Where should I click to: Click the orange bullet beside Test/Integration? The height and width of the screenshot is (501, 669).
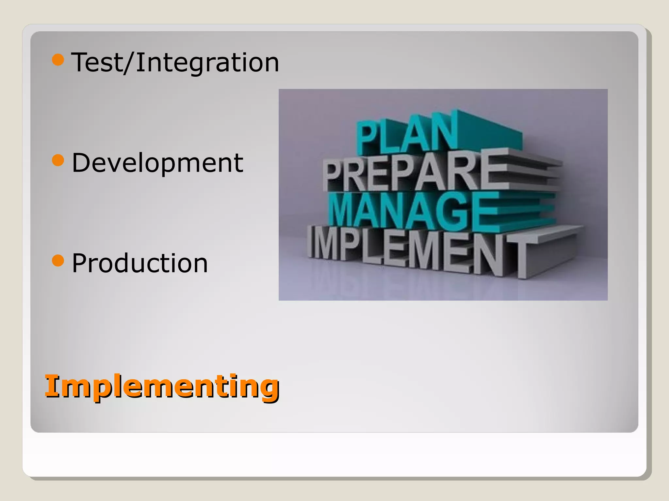tap(58, 60)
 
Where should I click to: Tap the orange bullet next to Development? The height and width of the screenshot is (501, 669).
tap(58, 160)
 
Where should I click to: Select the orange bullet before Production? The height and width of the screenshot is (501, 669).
tap(58, 260)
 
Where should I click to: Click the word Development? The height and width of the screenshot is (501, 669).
tap(157, 163)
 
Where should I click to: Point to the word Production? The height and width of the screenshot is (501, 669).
tap(140, 263)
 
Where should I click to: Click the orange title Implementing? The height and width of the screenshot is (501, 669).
tap(162, 387)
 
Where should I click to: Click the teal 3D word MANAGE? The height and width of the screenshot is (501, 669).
tap(414, 210)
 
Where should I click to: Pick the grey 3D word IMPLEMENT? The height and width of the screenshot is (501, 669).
tap(418, 250)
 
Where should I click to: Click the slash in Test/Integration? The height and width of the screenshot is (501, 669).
tap(129, 63)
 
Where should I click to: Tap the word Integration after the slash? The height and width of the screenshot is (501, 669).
tap(207, 63)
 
